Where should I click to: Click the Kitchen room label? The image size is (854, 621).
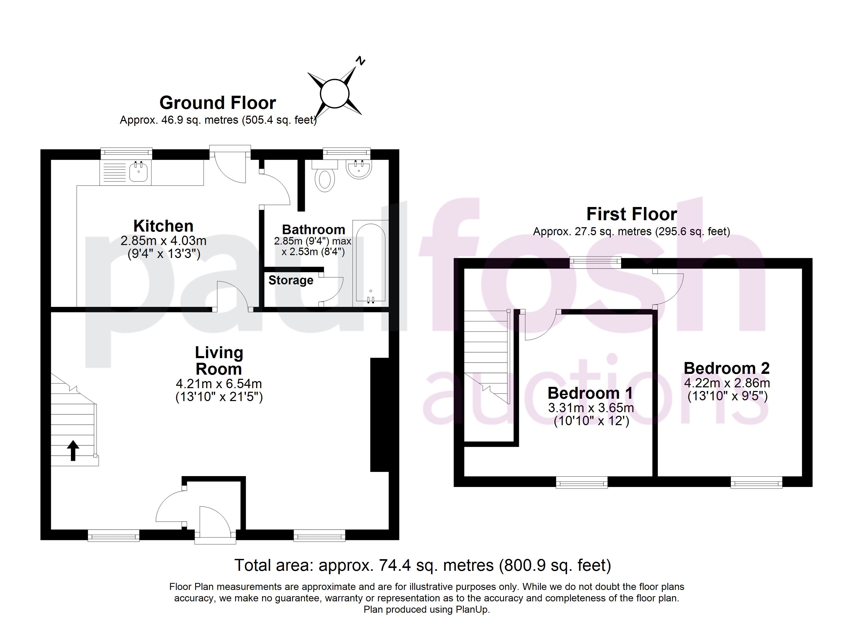163,226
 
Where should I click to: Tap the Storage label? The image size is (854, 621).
291,280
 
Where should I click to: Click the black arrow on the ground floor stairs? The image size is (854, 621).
73,450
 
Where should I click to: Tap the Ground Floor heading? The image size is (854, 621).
218,103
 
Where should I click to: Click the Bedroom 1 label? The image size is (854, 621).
590,393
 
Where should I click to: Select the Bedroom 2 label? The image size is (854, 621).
727,368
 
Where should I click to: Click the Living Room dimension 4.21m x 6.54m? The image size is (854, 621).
219,384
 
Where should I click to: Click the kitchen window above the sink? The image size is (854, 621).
127,152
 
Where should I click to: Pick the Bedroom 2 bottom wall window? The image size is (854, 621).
756,482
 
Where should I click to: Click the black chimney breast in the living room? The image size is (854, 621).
380,415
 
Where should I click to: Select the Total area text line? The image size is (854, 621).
423,565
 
